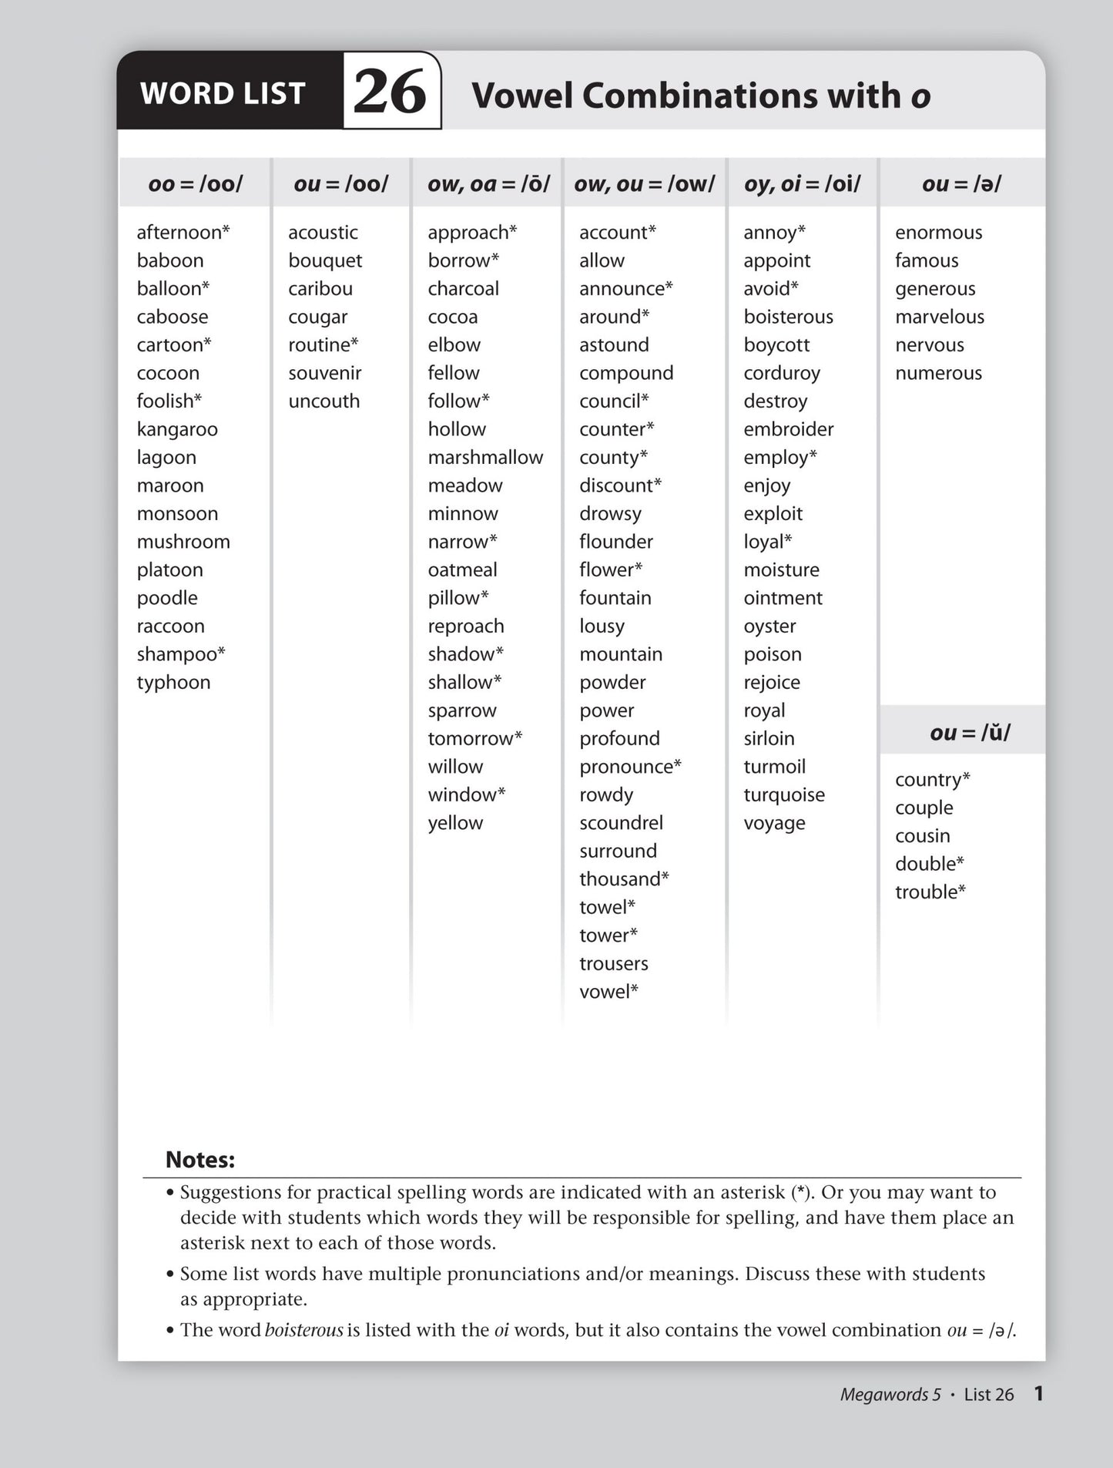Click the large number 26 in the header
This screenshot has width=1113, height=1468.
[390, 92]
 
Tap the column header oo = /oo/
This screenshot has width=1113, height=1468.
[195, 183]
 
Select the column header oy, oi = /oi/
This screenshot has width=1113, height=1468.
[802, 183]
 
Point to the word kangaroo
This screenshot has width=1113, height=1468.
[177, 429]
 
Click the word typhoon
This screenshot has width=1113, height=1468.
[173, 682]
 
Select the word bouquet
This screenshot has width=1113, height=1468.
[325, 260]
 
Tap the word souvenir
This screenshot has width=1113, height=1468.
[324, 373]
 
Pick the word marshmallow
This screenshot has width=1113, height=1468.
[485, 457]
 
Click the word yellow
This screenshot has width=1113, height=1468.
[455, 822]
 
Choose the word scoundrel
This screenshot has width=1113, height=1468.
[621, 822]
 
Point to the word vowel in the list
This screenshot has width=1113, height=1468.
[605, 991]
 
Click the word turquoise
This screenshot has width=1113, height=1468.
[783, 794]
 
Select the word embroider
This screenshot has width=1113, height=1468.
[788, 429]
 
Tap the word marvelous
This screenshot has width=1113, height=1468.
[939, 317]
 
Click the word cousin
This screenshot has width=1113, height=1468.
[922, 835]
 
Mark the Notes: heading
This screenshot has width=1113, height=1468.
[200, 1159]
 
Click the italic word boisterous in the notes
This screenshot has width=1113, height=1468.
[303, 1330]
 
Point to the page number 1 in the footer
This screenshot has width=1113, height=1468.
[1038, 1393]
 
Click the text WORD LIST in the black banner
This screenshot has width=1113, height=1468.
[223, 93]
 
